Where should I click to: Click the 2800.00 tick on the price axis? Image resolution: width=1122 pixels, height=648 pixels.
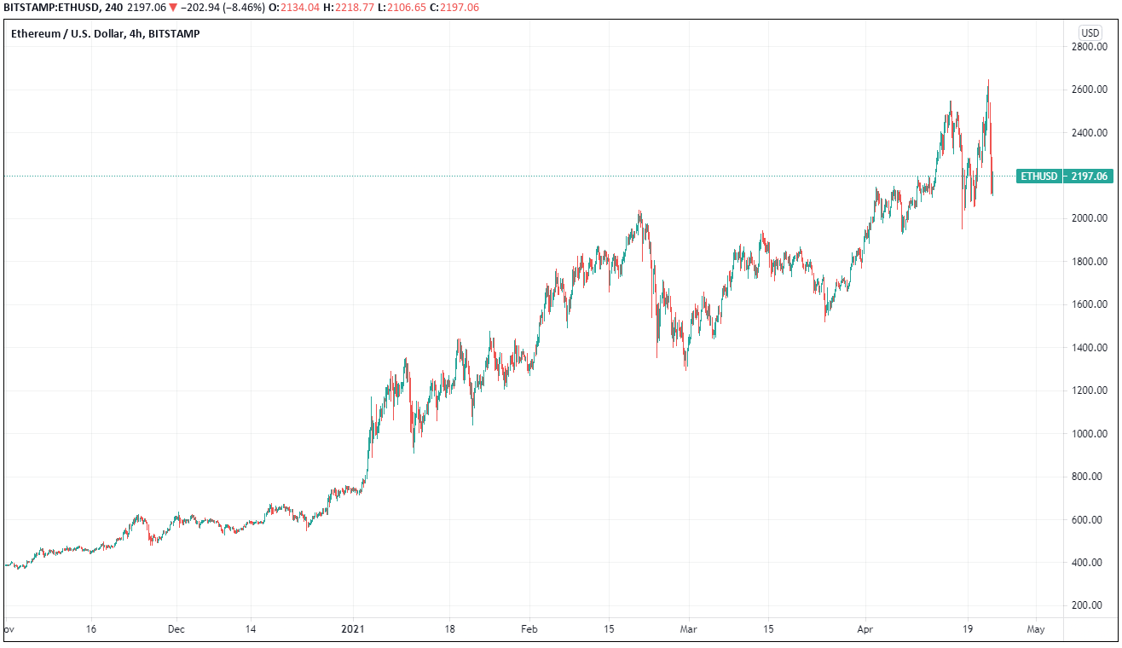[x=1089, y=47]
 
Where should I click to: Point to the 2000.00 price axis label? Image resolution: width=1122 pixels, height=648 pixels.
[x=1089, y=219]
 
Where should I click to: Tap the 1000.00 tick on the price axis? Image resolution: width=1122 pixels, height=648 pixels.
[x=1089, y=434]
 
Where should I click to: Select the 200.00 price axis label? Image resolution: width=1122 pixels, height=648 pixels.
[x=1090, y=605]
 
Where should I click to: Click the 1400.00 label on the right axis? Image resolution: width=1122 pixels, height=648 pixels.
[x=1089, y=348]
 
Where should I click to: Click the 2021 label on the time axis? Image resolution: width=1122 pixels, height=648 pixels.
[x=353, y=629]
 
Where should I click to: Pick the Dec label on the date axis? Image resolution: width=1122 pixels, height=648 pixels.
[x=176, y=629]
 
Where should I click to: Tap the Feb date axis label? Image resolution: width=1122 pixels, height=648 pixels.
[x=529, y=629]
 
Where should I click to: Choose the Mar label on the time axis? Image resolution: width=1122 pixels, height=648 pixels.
[x=689, y=629]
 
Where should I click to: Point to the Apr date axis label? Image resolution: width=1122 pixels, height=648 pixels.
[x=865, y=629]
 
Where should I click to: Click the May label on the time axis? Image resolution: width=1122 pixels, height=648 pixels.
[x=1036, y=629]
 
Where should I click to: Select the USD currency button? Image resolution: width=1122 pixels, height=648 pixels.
[x=1090, y=32]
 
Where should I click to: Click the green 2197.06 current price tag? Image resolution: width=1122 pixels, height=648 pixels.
[x=1089, y=176]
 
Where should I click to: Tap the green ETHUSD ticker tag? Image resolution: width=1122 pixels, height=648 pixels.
[x=1039, y=176]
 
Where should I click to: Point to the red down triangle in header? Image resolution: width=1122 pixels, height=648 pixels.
[x=173, y=8]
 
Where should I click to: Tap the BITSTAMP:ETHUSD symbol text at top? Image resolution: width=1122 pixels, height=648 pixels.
[x=50, y=8]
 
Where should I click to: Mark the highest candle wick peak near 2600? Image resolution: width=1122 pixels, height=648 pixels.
[x=988, y=80]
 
